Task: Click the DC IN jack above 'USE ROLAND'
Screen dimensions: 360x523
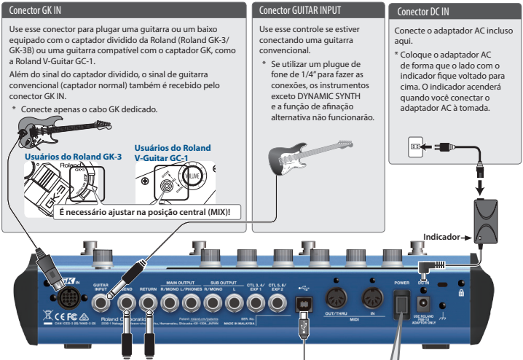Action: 422,301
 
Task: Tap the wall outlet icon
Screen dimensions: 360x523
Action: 414,146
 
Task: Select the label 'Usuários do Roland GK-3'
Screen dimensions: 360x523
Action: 73,156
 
